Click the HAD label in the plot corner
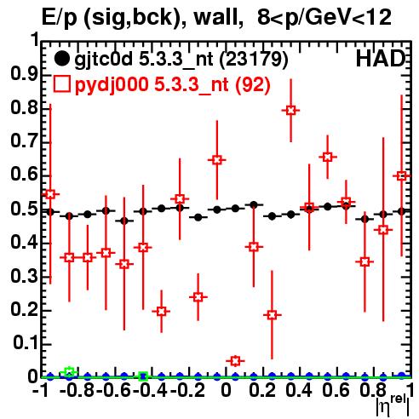(381, 59)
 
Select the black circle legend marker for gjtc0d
(61, 59)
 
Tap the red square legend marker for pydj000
(61, 84)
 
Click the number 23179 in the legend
(254, 59)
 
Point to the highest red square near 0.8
(290, 110)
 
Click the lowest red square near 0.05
(235, 361)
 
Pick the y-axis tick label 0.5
(25, 209)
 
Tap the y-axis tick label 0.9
(25, 74)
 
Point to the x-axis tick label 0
(226, 391)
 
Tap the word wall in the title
(215, 18)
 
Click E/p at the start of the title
(60, 18)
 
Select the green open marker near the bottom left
(69, 372)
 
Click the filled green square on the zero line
(143, 376)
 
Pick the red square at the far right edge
(401, 176)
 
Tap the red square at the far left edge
(50, 194)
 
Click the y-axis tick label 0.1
(25, 343)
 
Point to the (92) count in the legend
(253, 84)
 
